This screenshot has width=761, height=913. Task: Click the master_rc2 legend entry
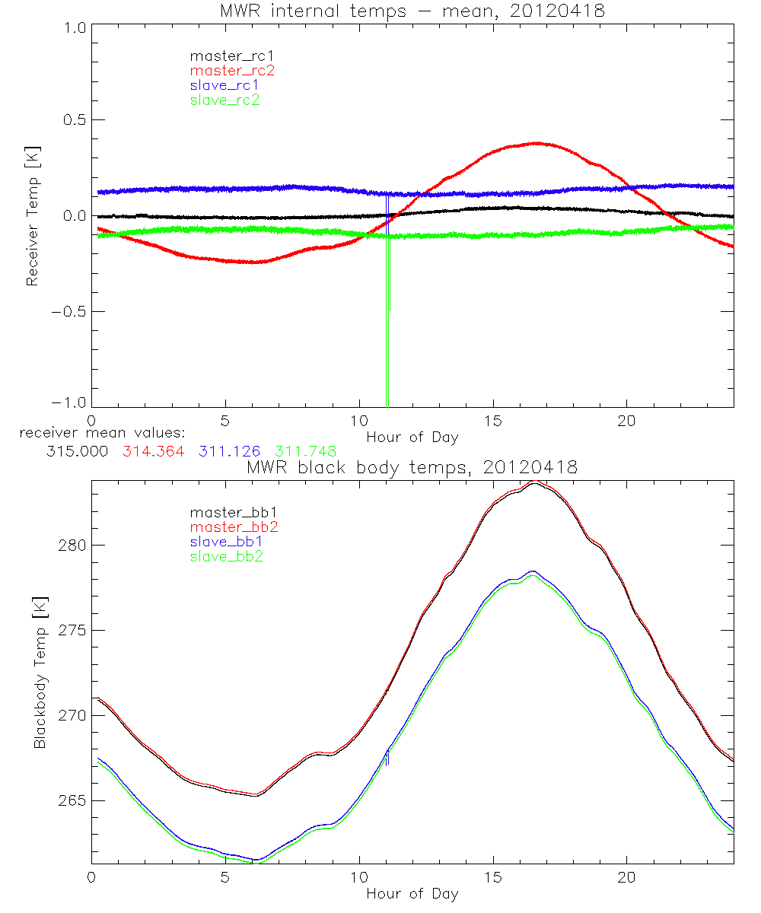232,71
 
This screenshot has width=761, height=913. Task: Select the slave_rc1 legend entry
224,85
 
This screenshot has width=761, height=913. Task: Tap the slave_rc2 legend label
224,100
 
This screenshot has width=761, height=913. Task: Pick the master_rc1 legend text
231,56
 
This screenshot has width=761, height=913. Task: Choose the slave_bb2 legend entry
226,558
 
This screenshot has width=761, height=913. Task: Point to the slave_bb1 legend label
226,543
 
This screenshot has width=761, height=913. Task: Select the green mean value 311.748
305,451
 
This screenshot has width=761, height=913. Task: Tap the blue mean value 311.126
229,451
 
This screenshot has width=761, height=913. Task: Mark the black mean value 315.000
76,451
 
